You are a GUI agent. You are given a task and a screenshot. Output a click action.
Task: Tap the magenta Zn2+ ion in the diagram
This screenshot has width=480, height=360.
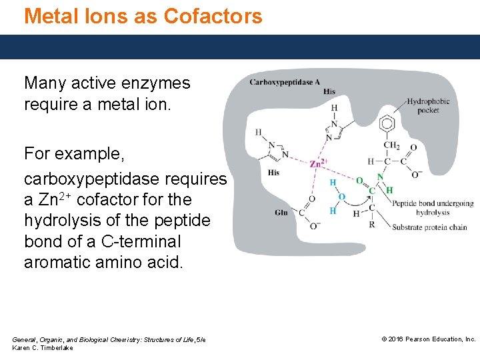[x=318, y=163]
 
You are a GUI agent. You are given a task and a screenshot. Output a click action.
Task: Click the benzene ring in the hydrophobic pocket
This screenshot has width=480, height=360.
[x=387, y=123]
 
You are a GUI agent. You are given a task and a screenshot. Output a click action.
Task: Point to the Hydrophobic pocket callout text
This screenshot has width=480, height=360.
[x=428, y=106]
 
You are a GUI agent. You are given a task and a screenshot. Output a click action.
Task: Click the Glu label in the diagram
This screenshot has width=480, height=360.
[x=281, y=213]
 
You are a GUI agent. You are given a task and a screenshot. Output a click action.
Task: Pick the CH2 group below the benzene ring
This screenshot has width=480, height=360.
[x=391, y=145]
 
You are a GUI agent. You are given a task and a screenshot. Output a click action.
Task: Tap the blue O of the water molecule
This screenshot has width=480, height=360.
[x=341, y=197]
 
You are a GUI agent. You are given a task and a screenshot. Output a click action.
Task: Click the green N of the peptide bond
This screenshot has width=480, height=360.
[x=380, y=177]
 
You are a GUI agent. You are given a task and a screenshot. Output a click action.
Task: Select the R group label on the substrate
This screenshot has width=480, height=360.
[x=372, y=224]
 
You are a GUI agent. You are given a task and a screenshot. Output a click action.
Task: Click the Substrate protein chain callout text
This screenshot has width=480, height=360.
[x=429, y=227]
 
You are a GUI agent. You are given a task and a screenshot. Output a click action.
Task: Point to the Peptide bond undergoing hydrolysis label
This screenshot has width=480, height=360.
[x=433, y=208]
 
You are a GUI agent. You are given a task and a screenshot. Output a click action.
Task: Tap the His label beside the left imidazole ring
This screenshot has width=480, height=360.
[x=273, y=173]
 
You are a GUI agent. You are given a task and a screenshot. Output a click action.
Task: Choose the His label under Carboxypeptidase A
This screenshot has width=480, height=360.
[x=329, y=92]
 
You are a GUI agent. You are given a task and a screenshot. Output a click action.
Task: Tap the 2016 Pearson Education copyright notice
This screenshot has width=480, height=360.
[x=428, y=339]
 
